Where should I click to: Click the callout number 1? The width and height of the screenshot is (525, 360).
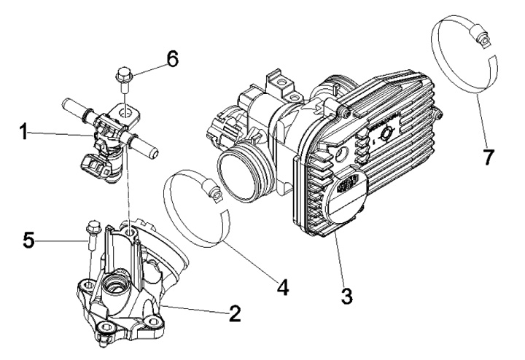point(23,133)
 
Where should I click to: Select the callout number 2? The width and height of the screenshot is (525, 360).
point(234,313)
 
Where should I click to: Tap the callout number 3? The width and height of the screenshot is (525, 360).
point(346,297)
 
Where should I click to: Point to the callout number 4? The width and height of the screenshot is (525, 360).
point(281,286)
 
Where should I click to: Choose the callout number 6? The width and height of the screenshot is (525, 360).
point(172,59)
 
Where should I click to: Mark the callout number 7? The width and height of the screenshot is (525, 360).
point(489,156)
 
